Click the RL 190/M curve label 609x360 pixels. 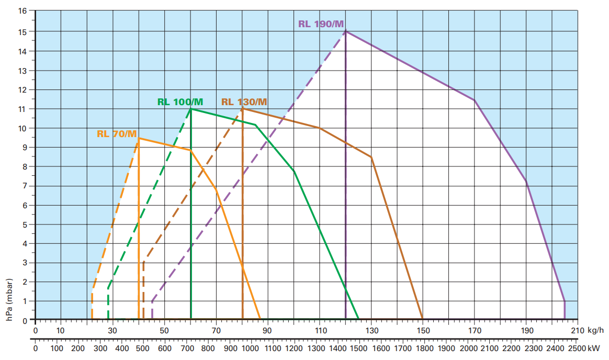click(x=321, y=24)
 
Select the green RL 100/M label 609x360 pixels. click(x=180, y=102)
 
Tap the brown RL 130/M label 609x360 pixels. click(x=244, y=102)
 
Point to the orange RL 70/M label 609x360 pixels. click(x=117, y=134)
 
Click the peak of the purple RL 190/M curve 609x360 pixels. click(x=346, y=31)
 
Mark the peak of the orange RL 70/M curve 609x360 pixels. click(x=139, y=138)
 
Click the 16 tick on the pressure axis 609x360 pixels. click(x=22, y=12)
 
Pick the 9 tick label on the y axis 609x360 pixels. click(x=25, y=148)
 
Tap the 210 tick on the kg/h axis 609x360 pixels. click(x=578, y=331)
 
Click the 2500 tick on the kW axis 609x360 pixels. click(x=577, y=348)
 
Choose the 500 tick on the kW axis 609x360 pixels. click(x=143, y=348)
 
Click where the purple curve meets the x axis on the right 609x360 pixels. click(x=565, y=319)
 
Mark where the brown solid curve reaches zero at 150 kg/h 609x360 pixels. click(x=423, y=319)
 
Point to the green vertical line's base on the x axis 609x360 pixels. click(x=191, y=319)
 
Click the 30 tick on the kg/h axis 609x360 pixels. click(x=113, y=331)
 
